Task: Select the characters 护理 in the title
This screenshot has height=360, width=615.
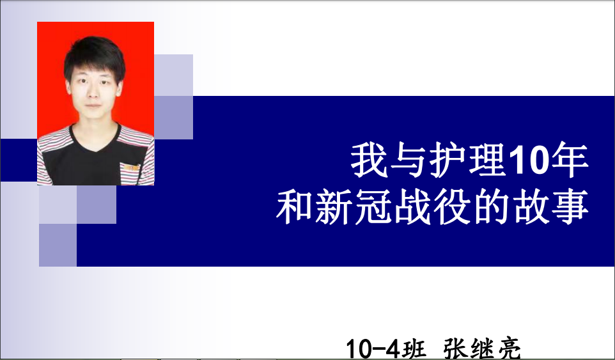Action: (x=467, y=160)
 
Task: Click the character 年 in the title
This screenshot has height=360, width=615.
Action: (x=570, y=160)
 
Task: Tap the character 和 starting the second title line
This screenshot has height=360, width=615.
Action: (x=295, y=207)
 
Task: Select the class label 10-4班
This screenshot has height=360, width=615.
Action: (x=386, y=348)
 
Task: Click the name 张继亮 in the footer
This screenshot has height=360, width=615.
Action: (x=482, y=348)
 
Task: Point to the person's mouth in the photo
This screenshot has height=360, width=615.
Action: (x=93, y=106)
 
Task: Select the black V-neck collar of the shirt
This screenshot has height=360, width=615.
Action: (x=95, y=137)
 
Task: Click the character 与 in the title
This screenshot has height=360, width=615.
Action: (x=409, y=160)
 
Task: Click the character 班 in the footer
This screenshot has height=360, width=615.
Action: (x=414, y=348)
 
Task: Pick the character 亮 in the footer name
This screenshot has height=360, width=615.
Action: (x=509, y=348)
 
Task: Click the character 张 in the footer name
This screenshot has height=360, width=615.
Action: (x=456, y=348)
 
